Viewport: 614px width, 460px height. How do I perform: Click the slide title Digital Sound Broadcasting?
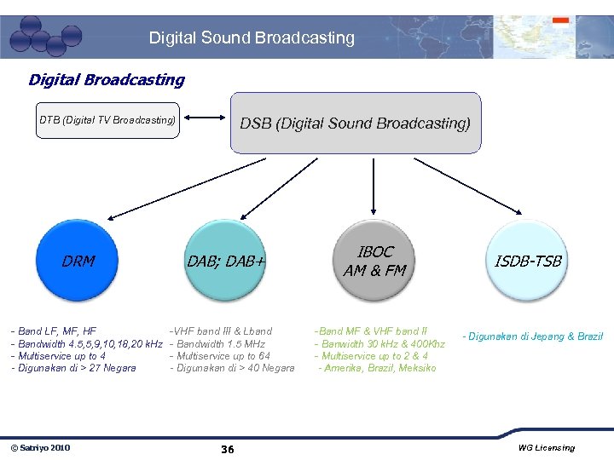pos(252,37)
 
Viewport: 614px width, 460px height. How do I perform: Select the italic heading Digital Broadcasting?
pos(106,80)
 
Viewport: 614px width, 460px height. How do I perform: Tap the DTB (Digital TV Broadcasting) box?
pos(107,120)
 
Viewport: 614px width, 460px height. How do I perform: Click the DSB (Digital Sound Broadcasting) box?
pos(355,124)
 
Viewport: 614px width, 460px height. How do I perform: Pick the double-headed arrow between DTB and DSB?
pos(205,120)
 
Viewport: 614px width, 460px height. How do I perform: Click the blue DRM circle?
pos(78,262)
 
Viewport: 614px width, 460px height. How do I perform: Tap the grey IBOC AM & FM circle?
pos(375,261)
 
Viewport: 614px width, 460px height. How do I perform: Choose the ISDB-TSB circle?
pos(529,261)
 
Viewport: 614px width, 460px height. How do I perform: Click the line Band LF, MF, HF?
pos(55,331)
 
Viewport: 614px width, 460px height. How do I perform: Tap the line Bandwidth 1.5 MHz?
pos(217,343)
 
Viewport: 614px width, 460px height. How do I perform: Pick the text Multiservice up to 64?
pos(220,356)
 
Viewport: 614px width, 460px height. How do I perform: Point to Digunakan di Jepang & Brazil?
pos(532,336)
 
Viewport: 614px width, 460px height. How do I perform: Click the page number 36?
pos(228,449)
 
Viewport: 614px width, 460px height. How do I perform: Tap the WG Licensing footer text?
pos(546,448)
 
